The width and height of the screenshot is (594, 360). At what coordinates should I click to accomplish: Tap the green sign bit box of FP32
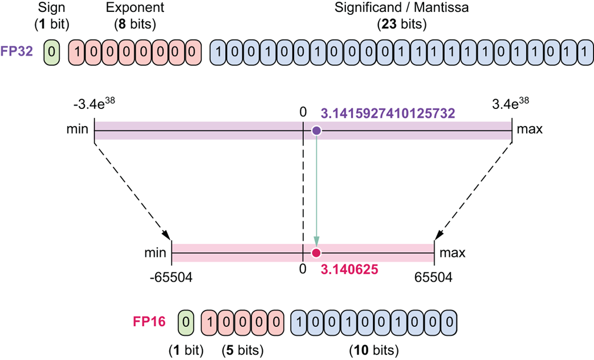(x=51, y=51)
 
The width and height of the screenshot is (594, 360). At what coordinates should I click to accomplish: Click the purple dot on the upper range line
(x=317, y=131)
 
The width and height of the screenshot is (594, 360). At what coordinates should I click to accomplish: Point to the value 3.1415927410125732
(x=388, y=114)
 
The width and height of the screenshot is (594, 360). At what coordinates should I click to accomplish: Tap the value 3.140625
(x=349, y=270)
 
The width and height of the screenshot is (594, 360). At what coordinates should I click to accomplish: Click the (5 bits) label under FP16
(x=242, y=349)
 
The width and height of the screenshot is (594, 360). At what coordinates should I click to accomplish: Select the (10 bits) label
(x=373, y=349)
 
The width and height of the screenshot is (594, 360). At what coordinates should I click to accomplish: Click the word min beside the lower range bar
(x=155, y=252)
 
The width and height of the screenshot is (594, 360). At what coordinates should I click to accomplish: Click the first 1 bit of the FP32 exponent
(x=78, y=51)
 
